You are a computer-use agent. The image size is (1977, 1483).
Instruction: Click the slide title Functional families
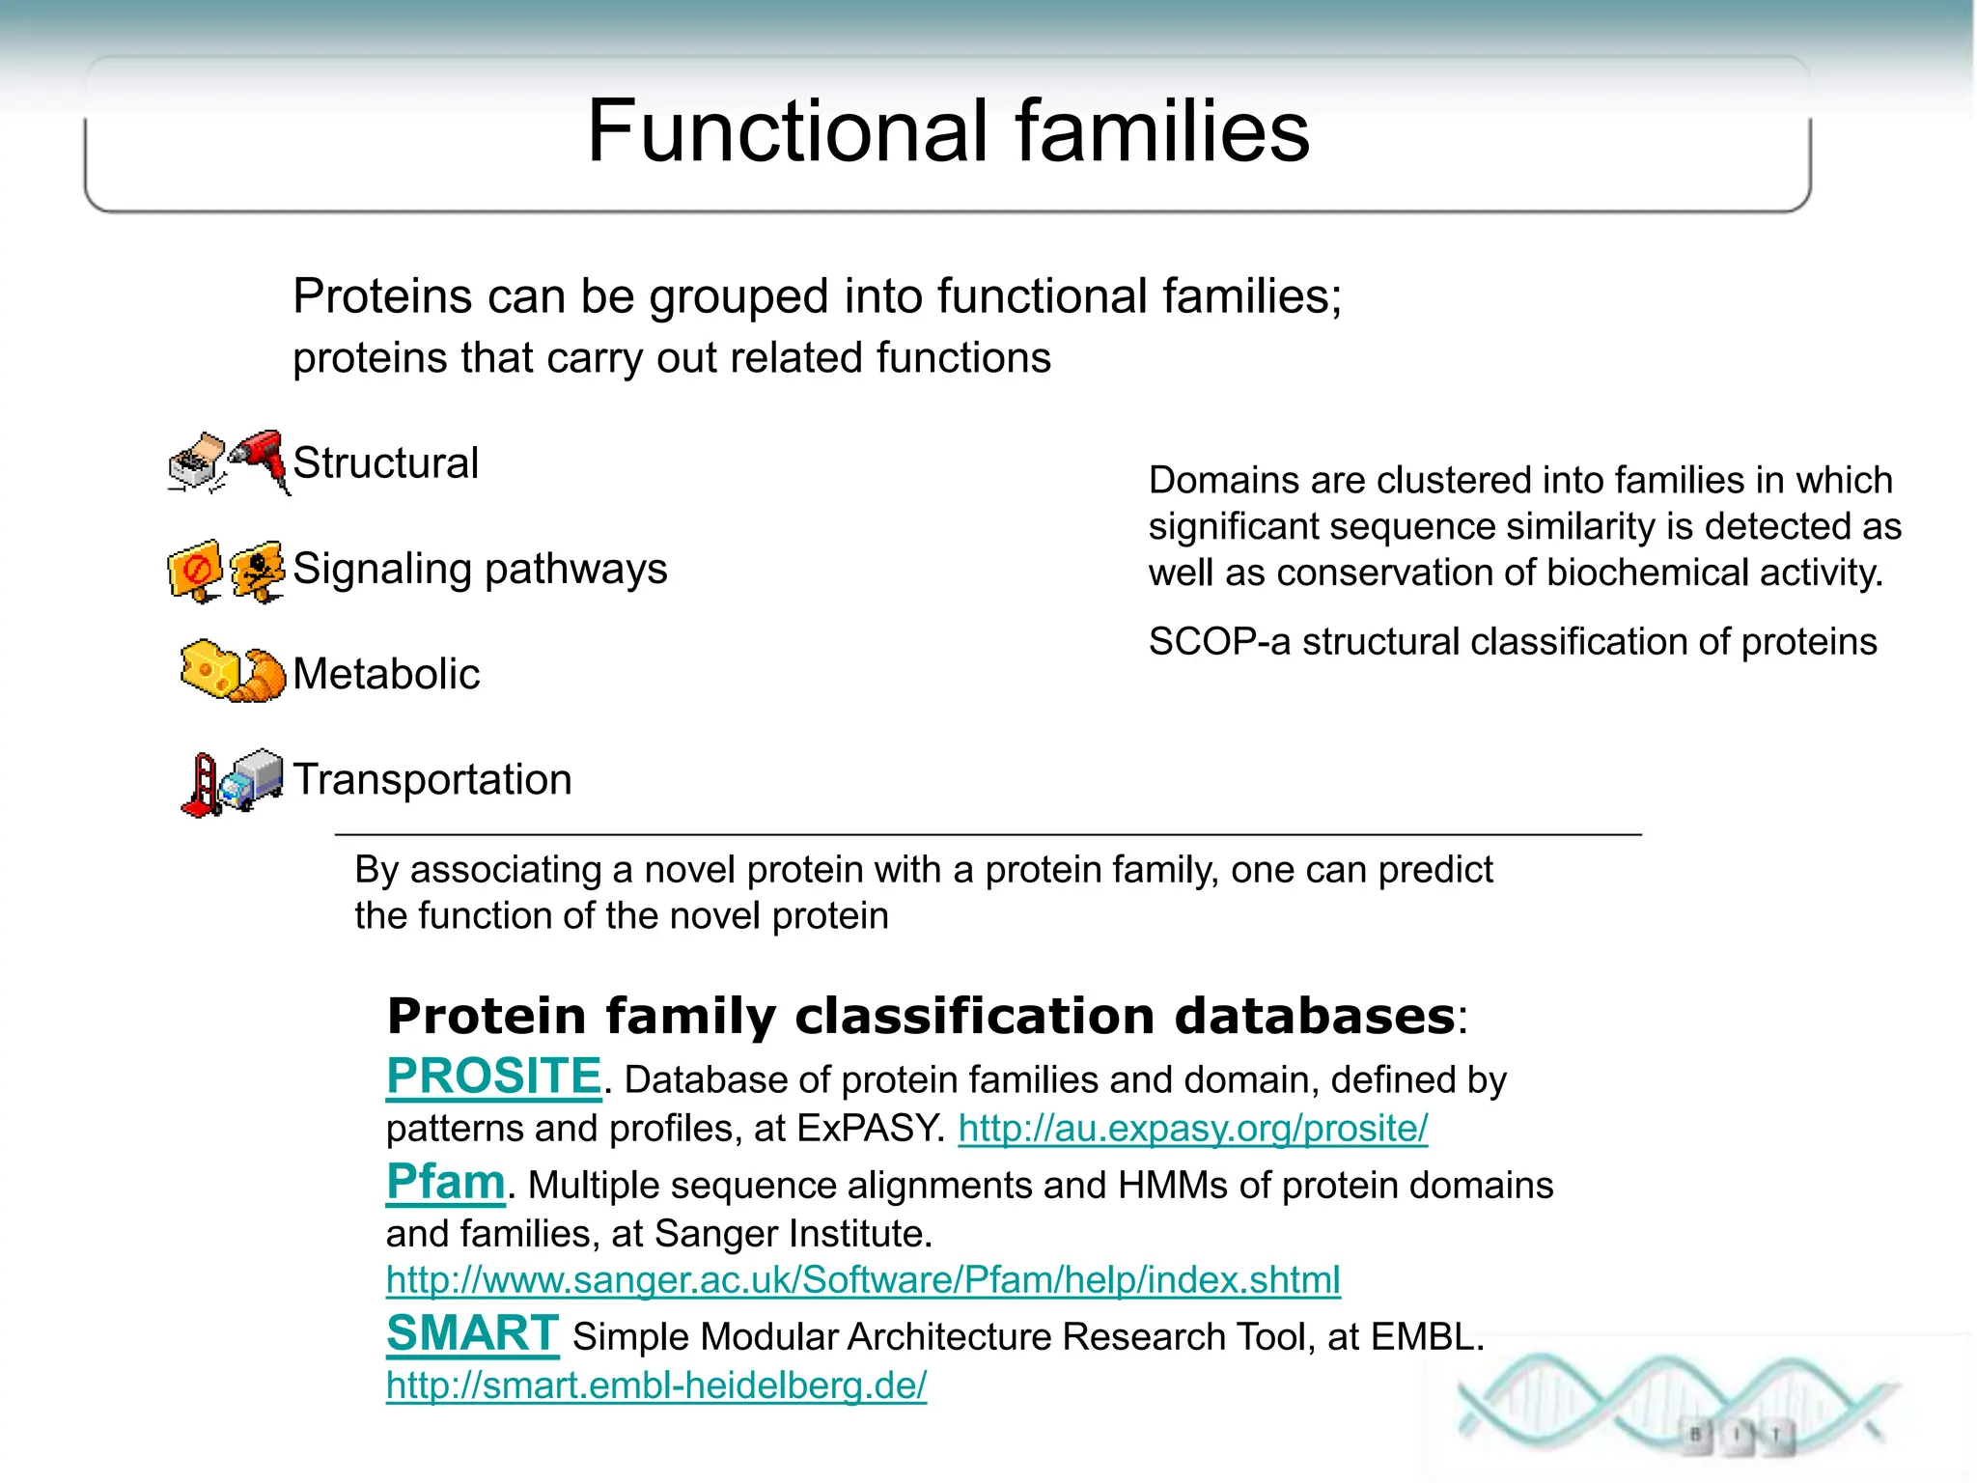click(x=948, y=131)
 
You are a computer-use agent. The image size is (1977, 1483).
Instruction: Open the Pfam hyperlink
click(x=445, y=1181)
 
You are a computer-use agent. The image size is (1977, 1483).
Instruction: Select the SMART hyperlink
click(x=472, y=1333)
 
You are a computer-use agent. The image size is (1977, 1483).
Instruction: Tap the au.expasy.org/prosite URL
click(x=1192, y=1129)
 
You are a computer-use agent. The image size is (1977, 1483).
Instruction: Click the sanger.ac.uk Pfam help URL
click(x=862, y=1280)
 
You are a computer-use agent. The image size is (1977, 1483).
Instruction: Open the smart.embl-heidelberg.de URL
click(x=655, y=1385)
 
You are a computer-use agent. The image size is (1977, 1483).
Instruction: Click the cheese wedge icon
click(x=208, y=667)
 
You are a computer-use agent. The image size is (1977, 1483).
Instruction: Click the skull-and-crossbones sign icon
click(x=258, y=571)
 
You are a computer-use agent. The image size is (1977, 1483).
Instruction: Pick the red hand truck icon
click(x=201, y=786)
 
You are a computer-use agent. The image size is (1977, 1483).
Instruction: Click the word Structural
click(x=385, y=463)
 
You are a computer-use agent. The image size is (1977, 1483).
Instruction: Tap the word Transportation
click(x=432, y=779)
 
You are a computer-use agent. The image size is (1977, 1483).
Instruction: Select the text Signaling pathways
click(x=480, y=569)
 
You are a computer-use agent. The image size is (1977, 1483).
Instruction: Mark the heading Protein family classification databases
click(x=920, y=1017)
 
